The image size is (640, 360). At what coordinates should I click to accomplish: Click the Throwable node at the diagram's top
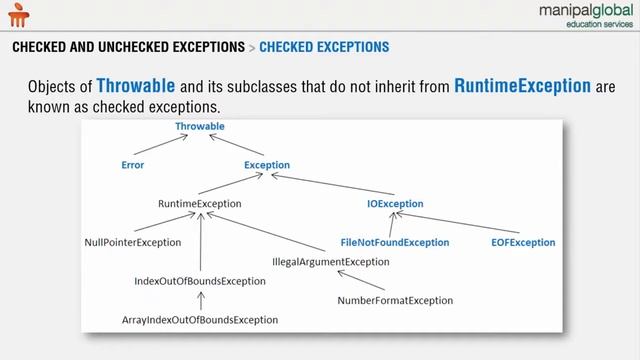[200, 127]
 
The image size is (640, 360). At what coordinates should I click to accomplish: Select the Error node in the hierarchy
[132, 165]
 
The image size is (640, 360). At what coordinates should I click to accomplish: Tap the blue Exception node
[267, 165]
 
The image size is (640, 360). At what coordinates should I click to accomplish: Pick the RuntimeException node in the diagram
[200, 204]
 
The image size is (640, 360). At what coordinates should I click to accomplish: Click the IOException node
[395, 204]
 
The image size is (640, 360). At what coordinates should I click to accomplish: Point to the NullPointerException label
[133, 242]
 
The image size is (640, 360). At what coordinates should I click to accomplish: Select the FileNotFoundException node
[395, 242]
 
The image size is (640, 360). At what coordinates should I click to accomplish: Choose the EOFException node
[523, 242]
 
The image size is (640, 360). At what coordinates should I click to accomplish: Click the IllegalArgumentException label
[331, 262]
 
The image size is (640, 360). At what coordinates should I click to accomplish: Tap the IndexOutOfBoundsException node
[200, 281]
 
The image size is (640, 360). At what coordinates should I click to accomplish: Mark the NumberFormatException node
[395, 300]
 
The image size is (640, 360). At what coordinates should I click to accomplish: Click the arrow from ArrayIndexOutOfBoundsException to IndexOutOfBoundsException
[200, 300]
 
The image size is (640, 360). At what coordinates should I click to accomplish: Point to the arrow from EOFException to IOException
[464, 224]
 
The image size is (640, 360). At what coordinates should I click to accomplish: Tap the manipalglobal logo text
[575, 15]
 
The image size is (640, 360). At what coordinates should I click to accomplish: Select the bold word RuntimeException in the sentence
[522, 86]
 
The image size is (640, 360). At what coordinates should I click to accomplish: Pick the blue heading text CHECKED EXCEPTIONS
[324, 47]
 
